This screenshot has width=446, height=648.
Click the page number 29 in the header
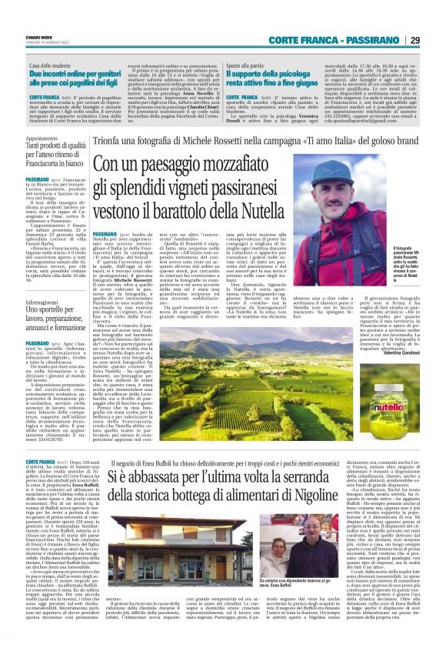[414, 40]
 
